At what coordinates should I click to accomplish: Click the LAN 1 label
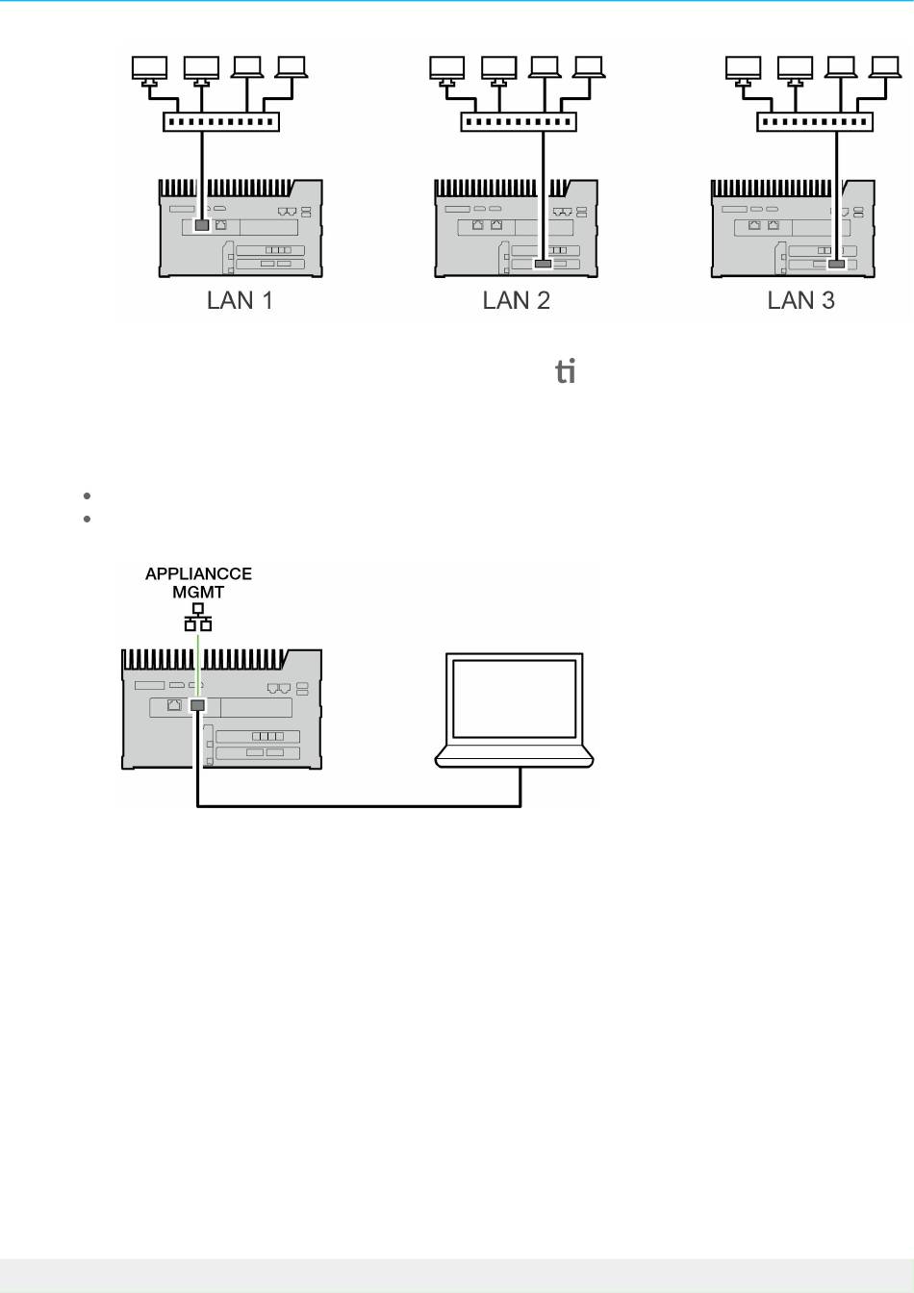click(240, 301)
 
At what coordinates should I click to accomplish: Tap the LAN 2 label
click(516, 301)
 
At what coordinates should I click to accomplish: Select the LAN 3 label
click(800, 301)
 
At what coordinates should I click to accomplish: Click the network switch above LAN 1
click(221, 122)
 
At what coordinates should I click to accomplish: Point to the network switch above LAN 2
click(518, 122)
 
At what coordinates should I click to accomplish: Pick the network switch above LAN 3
click(814, 122)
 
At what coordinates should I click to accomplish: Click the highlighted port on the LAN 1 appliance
click(202, 225)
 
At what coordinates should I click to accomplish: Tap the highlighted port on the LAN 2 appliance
click(543, 264)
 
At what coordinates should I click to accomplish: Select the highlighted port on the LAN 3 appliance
click(836, 264)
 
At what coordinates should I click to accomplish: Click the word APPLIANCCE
click(198, 573)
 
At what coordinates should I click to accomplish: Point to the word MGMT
click(198, 592)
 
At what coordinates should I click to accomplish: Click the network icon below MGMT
click(198, 617)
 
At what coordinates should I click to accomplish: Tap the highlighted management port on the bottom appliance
click(197, 705)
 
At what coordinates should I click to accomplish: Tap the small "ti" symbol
click(566, 370)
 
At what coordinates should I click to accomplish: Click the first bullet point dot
click(87, 496)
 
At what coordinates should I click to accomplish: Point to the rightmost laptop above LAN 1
click(291, 67)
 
